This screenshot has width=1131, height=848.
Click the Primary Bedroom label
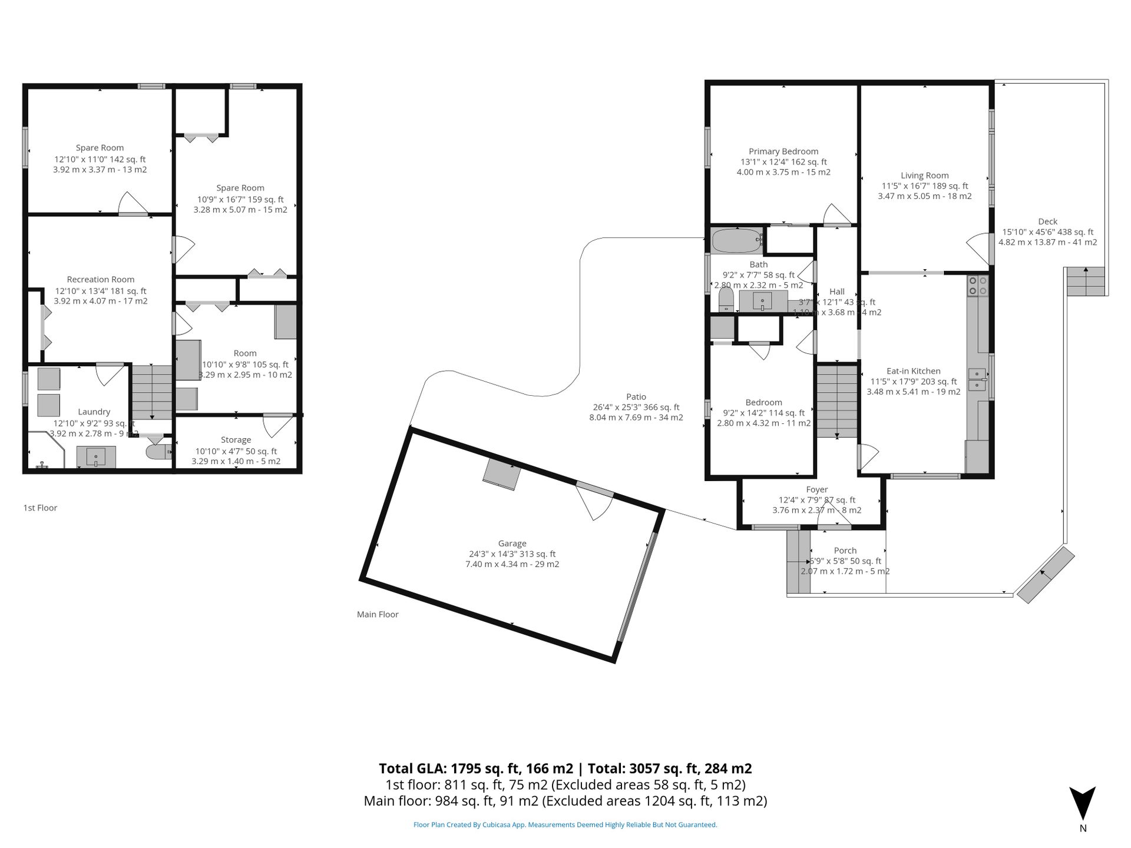point(783,151)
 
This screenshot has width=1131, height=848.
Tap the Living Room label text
point(924,175)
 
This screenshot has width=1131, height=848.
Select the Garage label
point(512,544)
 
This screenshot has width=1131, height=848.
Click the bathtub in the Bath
point(737,241)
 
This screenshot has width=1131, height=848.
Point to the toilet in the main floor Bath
point(726,299)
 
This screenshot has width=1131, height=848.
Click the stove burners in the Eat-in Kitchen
point(978,286)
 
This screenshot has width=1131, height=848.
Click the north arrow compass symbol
point(1083,803)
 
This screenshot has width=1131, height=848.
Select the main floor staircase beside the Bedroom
point(836,401)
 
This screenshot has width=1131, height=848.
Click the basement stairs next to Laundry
point(152,392)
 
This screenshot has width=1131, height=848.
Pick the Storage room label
point(236,440)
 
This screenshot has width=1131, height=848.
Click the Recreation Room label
point(100,280)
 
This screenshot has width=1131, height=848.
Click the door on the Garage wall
point(595,501)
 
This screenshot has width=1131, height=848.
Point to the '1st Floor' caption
point(40,508)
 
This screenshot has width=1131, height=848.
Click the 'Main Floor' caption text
point(378,614)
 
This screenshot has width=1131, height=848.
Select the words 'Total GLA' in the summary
point(412,768)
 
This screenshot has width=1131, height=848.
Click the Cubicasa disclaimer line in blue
point(565,825)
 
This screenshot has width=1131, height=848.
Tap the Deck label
point(1047,222)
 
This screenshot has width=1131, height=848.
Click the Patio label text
point(636,397)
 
